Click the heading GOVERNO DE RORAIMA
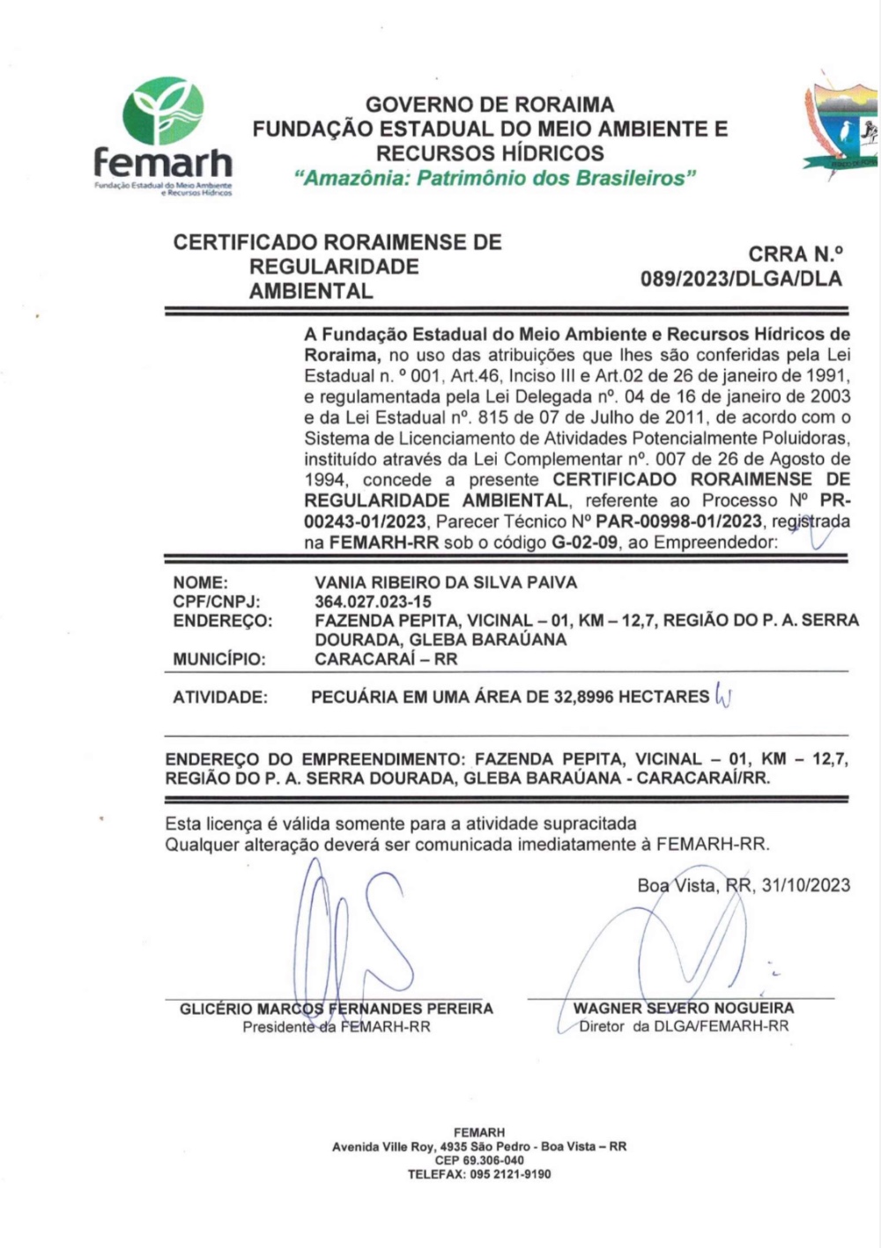[x=490, y=105]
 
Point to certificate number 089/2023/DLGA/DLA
[x=742, y=280]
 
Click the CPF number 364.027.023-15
[x=373, y=602]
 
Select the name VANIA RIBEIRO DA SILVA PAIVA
[x=446, y=582]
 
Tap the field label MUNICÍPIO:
[x=219, y=659]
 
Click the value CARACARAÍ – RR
[x=386, y=659]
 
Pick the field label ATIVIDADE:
[x=219, y=698]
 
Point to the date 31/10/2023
[x=808, y=885]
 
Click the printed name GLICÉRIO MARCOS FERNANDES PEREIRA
[x=337, y=1008]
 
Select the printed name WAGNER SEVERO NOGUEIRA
[x=684, y=1008]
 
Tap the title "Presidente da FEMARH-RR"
[x=337, y=1027]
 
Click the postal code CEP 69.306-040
[x=479, y=1161]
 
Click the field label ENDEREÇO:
[x=223, y=621]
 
